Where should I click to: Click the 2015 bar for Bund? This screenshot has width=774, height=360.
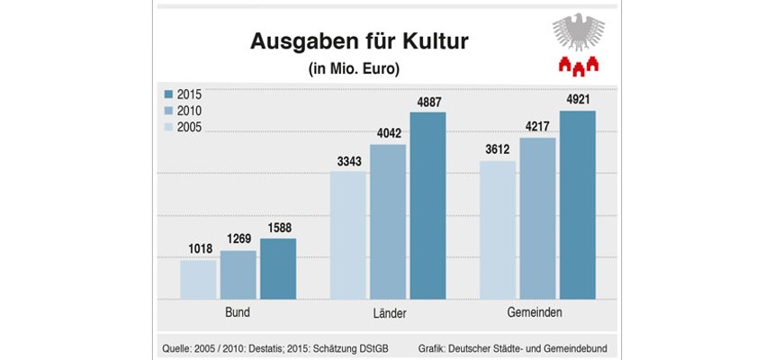coord(278,268)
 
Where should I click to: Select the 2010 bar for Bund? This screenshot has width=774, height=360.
coord(238,274)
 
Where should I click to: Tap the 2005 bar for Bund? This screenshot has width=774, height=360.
coord(199,279)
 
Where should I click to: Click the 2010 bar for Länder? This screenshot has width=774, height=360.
coord(388,221)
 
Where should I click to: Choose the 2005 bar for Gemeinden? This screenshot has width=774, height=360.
coord(498,229)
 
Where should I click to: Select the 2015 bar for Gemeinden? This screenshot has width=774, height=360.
coord(577,204)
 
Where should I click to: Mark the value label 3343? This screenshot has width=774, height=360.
coord(348,162)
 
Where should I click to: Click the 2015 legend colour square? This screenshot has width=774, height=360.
coord(168,94)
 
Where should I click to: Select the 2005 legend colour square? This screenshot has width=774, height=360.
coord(168,128)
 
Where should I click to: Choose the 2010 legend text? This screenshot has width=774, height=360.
coord(190,112)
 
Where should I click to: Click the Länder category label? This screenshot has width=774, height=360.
coord(388,314)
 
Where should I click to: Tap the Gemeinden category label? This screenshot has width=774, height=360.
coord(537,314)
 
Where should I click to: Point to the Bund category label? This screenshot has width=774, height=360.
coord(238,314)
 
